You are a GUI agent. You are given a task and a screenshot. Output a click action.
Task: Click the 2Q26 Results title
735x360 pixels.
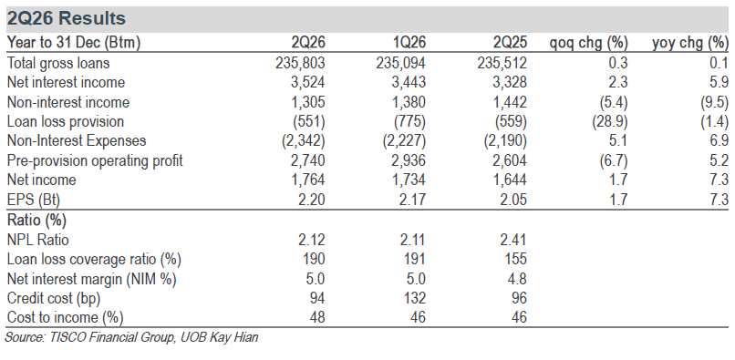pos(67,19)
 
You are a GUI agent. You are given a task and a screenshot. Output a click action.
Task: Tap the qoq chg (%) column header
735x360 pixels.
pos(589,44)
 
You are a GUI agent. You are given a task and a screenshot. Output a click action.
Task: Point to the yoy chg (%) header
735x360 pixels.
pos(690,44)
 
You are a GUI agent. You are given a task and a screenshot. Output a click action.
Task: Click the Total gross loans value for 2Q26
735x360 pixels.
pos(301,63)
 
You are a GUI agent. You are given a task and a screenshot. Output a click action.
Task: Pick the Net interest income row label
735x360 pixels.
pos(66,83)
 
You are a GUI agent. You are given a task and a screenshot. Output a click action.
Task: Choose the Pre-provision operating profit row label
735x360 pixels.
pos(95,160)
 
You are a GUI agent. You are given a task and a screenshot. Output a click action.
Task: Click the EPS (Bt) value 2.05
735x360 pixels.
pos(512,201)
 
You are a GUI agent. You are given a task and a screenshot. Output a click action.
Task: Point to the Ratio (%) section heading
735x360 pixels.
pos(36,220)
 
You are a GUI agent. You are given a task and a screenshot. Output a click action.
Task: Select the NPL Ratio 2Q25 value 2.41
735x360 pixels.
pos(512,240)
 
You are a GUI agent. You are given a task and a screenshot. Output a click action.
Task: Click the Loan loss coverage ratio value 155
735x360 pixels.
pos(516,259)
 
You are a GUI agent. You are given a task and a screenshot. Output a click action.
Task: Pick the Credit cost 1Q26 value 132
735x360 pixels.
pos(415,299)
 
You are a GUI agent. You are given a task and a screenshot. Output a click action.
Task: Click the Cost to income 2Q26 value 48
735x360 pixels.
pos(317,318)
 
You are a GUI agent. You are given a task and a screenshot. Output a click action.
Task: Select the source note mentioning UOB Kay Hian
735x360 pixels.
pos(131,337)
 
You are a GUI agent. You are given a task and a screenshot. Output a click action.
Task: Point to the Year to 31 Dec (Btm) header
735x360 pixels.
pos(74,44)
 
